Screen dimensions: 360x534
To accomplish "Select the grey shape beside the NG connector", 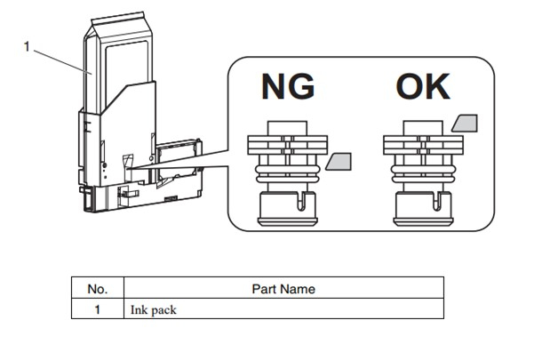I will [339, 162].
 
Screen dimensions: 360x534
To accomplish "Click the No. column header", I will [97, 288].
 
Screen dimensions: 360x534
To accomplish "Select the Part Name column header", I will [283, 288].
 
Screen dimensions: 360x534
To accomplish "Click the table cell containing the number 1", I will [97, 310].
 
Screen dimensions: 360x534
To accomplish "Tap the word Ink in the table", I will [138, 310].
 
